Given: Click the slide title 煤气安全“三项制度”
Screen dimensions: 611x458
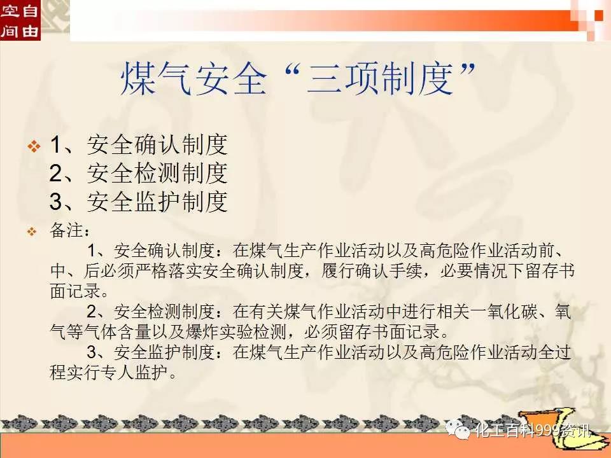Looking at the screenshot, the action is click(x=298, y=79).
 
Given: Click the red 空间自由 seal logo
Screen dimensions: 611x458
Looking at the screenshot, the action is click(x=20, y=20).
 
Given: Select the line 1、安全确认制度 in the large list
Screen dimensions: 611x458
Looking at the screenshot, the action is click(x=139, y=145).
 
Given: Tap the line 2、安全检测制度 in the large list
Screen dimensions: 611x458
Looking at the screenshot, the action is click(x=139, y=173).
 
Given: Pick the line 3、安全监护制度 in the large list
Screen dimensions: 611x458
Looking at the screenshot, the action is click(x=139, y=202).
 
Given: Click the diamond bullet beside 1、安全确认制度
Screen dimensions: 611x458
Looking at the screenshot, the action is click(x=34, y=146).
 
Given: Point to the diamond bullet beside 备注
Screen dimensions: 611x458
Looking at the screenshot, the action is click(x=32, y=232).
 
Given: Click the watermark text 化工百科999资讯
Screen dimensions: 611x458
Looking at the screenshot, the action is click(x=532, y=431).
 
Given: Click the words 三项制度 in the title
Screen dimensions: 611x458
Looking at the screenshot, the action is click(x=380, y=79).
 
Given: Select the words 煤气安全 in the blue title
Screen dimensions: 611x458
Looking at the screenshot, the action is click(x=193, y=79).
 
